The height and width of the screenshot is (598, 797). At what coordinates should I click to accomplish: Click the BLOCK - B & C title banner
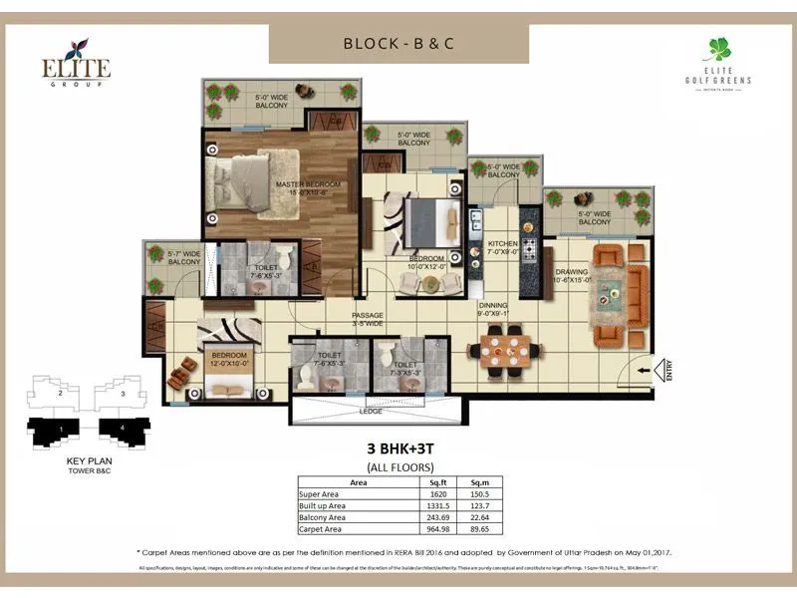(398, 44)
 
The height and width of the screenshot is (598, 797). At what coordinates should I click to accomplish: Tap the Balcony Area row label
(325, 516)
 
